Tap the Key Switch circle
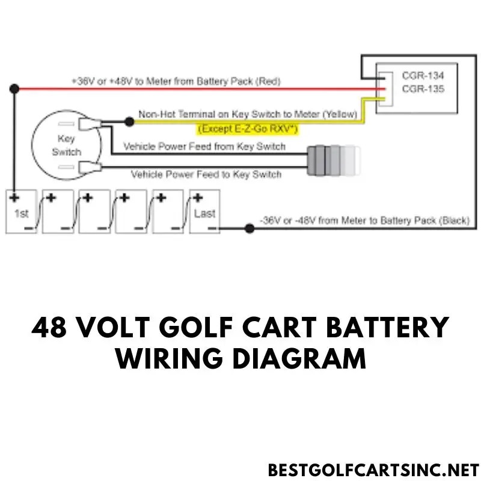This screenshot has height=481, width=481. (63, 144)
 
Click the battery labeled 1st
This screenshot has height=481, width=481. (21, 212)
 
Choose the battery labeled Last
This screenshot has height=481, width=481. (204, 212)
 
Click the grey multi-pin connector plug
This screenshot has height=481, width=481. (332, 161)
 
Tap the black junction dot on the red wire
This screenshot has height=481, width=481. (14, 89)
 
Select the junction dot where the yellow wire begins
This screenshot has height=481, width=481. (129, 121)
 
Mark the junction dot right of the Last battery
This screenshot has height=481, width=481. (249, 228)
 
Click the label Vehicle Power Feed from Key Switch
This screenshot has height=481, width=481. (204, 147)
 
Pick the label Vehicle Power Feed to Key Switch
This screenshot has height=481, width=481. (206, 174)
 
